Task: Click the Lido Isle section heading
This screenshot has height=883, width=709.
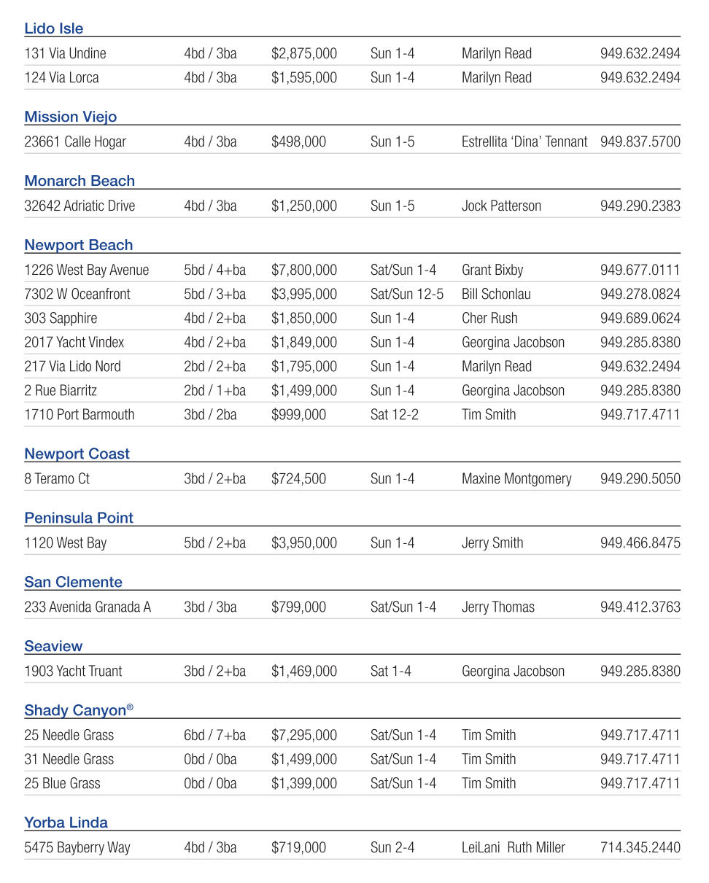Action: click(x=54, y=28)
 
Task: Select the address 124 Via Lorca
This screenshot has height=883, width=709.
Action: click(x=61, y=77)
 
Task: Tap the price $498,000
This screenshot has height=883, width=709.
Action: click(x=298, y=141)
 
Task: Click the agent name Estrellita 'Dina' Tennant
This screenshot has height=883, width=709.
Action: click(x=524, y=141)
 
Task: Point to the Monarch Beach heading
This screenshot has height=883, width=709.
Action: click(x=80, y=181)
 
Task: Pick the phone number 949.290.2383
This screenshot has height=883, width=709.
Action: click(x=640, y=206)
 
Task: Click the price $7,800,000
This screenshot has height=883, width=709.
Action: click(x=304, y=270)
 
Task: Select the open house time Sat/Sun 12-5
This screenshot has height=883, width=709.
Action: click(x=406, y=294)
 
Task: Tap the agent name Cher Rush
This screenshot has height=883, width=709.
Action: click(x=489, y=318)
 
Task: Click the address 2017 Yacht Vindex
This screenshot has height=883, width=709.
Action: click(x=74, y=342)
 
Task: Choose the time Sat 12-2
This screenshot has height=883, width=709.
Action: click(x=394, y=414)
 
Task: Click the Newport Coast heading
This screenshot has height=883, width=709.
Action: click(x=77, y=454)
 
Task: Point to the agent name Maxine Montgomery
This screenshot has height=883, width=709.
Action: click(x=516, y=478)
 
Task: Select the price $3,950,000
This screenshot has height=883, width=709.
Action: click(x=304, y=542)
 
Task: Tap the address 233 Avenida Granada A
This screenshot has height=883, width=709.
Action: click(x=88, y=607)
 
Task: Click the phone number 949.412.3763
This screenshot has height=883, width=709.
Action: click(x=640, y=607)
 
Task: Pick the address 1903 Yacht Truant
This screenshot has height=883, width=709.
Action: click(x=73, y=671)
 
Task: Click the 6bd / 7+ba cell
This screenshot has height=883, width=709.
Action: click(x=214, y=735)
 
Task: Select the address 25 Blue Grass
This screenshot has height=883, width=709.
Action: click(x=62, y=783)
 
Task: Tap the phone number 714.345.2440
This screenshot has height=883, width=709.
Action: click(x=640, y=847)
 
